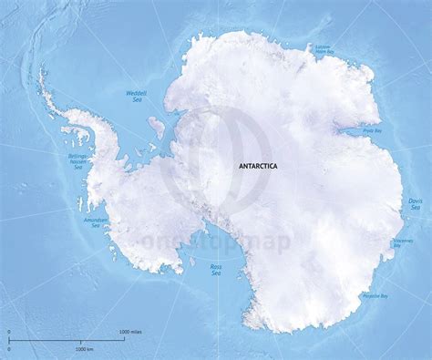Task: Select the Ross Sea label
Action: click(x=216, y=270)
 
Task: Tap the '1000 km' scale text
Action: click(x=86, y=349)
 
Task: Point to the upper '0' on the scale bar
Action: click(x=9, y=331)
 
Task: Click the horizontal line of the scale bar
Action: click(x=64, y=339)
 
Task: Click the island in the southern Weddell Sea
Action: click(x=158, y=124)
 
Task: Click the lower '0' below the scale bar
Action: click(x=9, y=349)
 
